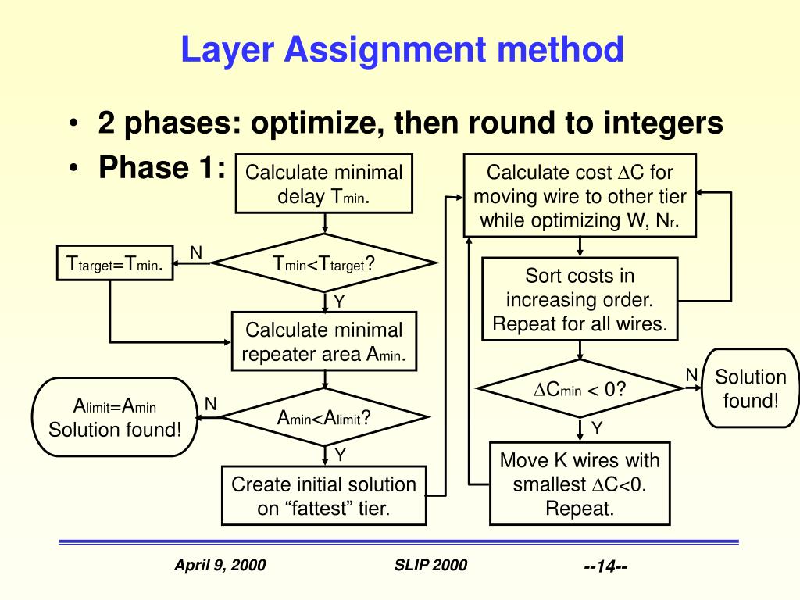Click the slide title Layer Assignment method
[x=402, y=51]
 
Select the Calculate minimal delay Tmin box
[x=324, y=184]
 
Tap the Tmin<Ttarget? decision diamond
[x=324, y=264]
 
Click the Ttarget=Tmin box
[x=114, y=264]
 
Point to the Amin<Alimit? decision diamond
[x=324, y=418]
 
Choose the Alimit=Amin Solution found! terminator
[x=115, y=417]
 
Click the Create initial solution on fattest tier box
[x=324, y=496]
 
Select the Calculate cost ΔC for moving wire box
[x=580, y=196]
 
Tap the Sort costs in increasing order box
[x=580, y=300]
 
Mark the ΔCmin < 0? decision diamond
[x=580, y=388]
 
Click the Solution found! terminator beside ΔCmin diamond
[x=751, y=388]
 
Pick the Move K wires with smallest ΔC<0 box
[x=580, y=484]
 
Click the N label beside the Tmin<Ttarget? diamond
[x=196, y=252]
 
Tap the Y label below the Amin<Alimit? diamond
[x=341, y=455]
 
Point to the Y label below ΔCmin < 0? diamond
[x=596, y=427]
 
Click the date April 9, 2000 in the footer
[x=220, y=565]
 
